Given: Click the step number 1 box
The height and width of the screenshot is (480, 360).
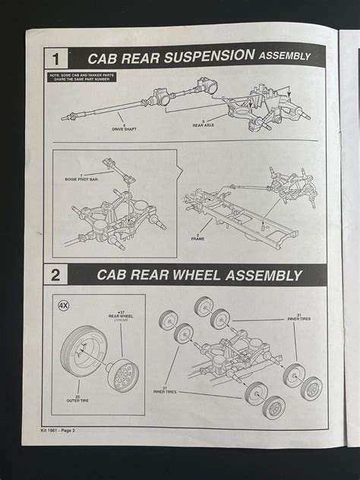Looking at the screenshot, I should point(56,58).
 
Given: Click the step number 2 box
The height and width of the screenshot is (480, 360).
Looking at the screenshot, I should point(56,275).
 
